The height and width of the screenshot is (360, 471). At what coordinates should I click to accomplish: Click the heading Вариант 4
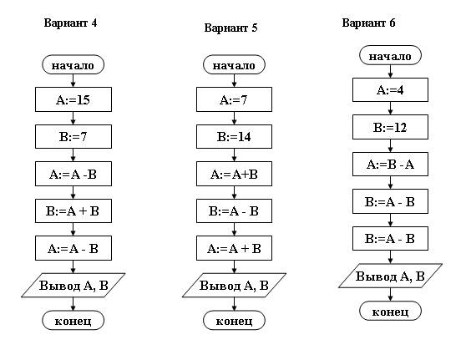click(70, 23)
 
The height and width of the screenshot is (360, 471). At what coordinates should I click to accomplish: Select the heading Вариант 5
click(230, 28)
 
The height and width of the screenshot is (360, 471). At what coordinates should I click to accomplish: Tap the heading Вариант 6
click(368, 23)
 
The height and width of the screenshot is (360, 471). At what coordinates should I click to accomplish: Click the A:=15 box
click(73, 99)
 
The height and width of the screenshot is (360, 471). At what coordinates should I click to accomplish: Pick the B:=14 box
click(235, 137)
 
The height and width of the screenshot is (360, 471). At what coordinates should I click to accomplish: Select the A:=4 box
click(390, 90)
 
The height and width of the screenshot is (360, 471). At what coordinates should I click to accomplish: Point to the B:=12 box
click(390, 127)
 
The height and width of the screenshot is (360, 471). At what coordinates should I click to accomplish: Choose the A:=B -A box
click(390, 164)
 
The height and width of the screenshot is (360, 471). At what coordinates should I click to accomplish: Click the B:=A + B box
click(73, 211)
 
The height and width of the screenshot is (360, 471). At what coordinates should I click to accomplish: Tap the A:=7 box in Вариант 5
click(235, 99)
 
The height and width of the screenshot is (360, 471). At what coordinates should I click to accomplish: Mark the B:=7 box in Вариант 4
click(73, 137)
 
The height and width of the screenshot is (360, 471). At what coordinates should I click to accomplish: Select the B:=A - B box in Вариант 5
click(235, 211)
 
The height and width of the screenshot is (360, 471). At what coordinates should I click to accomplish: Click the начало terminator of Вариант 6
click(390, 55)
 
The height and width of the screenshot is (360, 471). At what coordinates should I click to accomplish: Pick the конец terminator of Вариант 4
click(73, 321)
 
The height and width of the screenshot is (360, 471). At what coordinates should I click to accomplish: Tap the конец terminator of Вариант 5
click(235, 321)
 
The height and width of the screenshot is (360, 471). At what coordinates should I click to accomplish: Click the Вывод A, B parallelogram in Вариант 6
click(390, 276)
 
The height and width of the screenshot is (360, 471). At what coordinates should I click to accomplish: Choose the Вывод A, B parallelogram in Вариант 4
click(73, 285)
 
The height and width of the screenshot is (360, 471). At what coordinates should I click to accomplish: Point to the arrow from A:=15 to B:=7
click(73, 118)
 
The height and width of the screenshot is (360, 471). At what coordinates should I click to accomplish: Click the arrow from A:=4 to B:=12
click(390, 109)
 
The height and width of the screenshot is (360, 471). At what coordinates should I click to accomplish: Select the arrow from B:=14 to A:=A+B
click(235, 155)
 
